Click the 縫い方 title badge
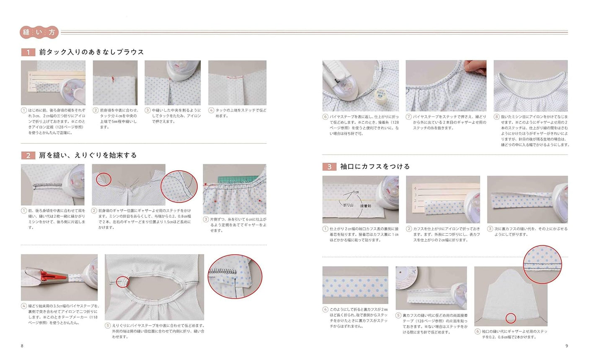coord(40,32)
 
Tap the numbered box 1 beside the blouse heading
coord(28,52)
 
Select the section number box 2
coord(28,155)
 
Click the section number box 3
coord(329,167)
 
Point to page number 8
coord(22,345)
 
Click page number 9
coord(566,345)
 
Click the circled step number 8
coord(496,117)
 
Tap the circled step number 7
coord(408,117)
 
